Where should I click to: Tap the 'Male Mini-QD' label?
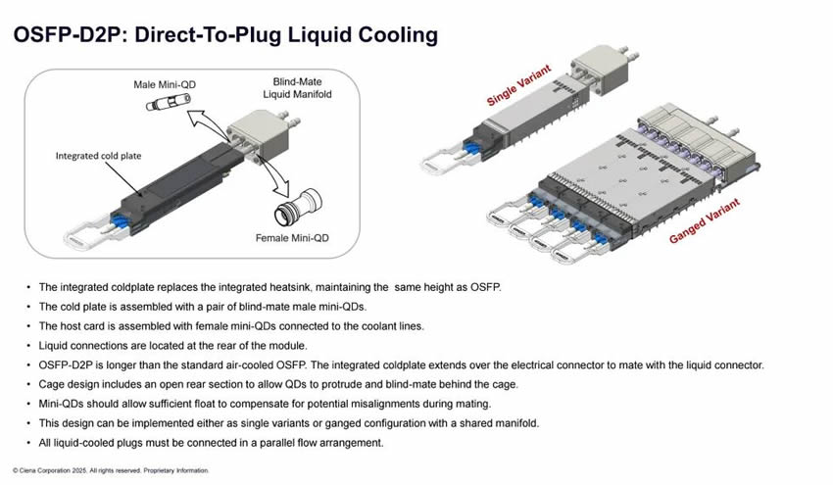click(165, 85)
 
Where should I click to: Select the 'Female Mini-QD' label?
click(291, 237)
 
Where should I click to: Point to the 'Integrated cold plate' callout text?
click(99, 155)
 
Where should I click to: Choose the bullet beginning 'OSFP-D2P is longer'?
click(401, 365)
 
